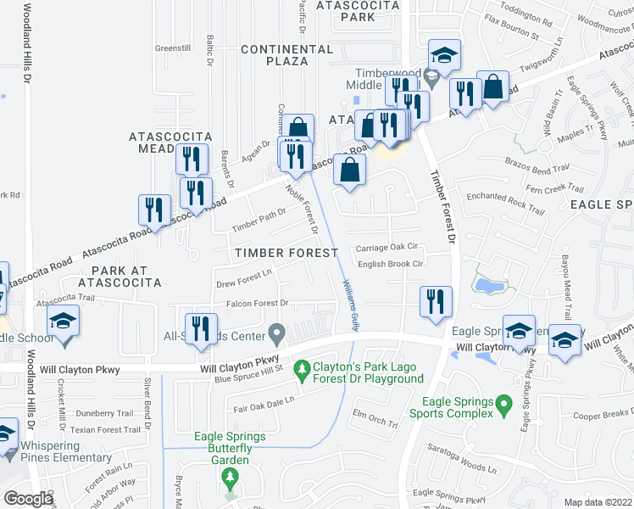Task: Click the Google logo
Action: point(28,498)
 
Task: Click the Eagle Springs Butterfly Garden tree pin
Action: point(230,478)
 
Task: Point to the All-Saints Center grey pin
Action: point(275,331)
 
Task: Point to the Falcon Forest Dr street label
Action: point(257,303)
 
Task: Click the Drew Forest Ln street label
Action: point(244,274)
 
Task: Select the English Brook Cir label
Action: point(390,265)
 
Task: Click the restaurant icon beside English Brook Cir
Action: point(436,301)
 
